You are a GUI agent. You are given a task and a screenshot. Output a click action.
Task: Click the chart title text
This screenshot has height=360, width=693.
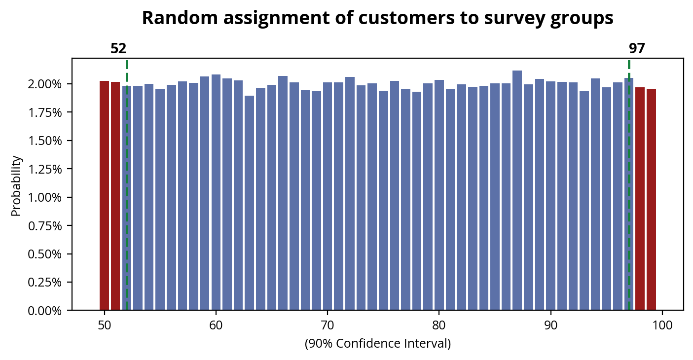(x=377, y=18)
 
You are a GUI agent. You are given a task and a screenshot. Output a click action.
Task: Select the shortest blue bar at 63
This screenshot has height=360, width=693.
(x=249, y=203)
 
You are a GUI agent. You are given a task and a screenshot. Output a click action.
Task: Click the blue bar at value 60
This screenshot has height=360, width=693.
(x=216, y=192)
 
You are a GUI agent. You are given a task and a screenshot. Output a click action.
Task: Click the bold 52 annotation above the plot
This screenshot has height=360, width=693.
(x=118, y=49)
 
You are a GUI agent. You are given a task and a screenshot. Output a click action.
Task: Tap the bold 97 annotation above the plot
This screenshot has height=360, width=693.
(x=637, y=49)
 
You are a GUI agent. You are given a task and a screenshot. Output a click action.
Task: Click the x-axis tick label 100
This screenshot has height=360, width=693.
(x=662, y=325)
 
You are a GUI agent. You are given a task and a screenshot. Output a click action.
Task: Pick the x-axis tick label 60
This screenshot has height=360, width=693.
(x=216, y=325)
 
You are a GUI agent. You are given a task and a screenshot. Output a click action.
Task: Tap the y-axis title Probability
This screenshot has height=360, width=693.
(x=16, y=186)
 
